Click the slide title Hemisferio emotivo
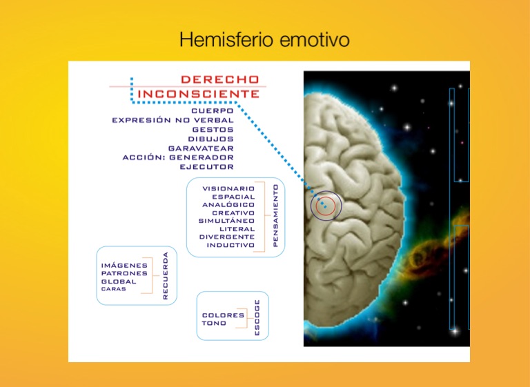pos(265,39)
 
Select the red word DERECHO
pos(220,79)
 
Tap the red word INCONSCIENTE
pos(199,94)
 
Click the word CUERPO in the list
pos(213,111)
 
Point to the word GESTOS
pos(213,130)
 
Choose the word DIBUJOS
pos(211,139)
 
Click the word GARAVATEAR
pos(201,148)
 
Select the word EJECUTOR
pos(206,167)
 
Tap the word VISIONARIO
pos(228,188)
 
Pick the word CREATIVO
pos(233,213)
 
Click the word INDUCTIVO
pos(230,245)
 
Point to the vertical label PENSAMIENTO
pos(275,215)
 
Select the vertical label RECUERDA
pos(166,276)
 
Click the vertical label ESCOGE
pos(257,318)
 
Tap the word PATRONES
pos(124,273)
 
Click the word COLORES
pos(223,315)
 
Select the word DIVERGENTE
pos(227,237)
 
